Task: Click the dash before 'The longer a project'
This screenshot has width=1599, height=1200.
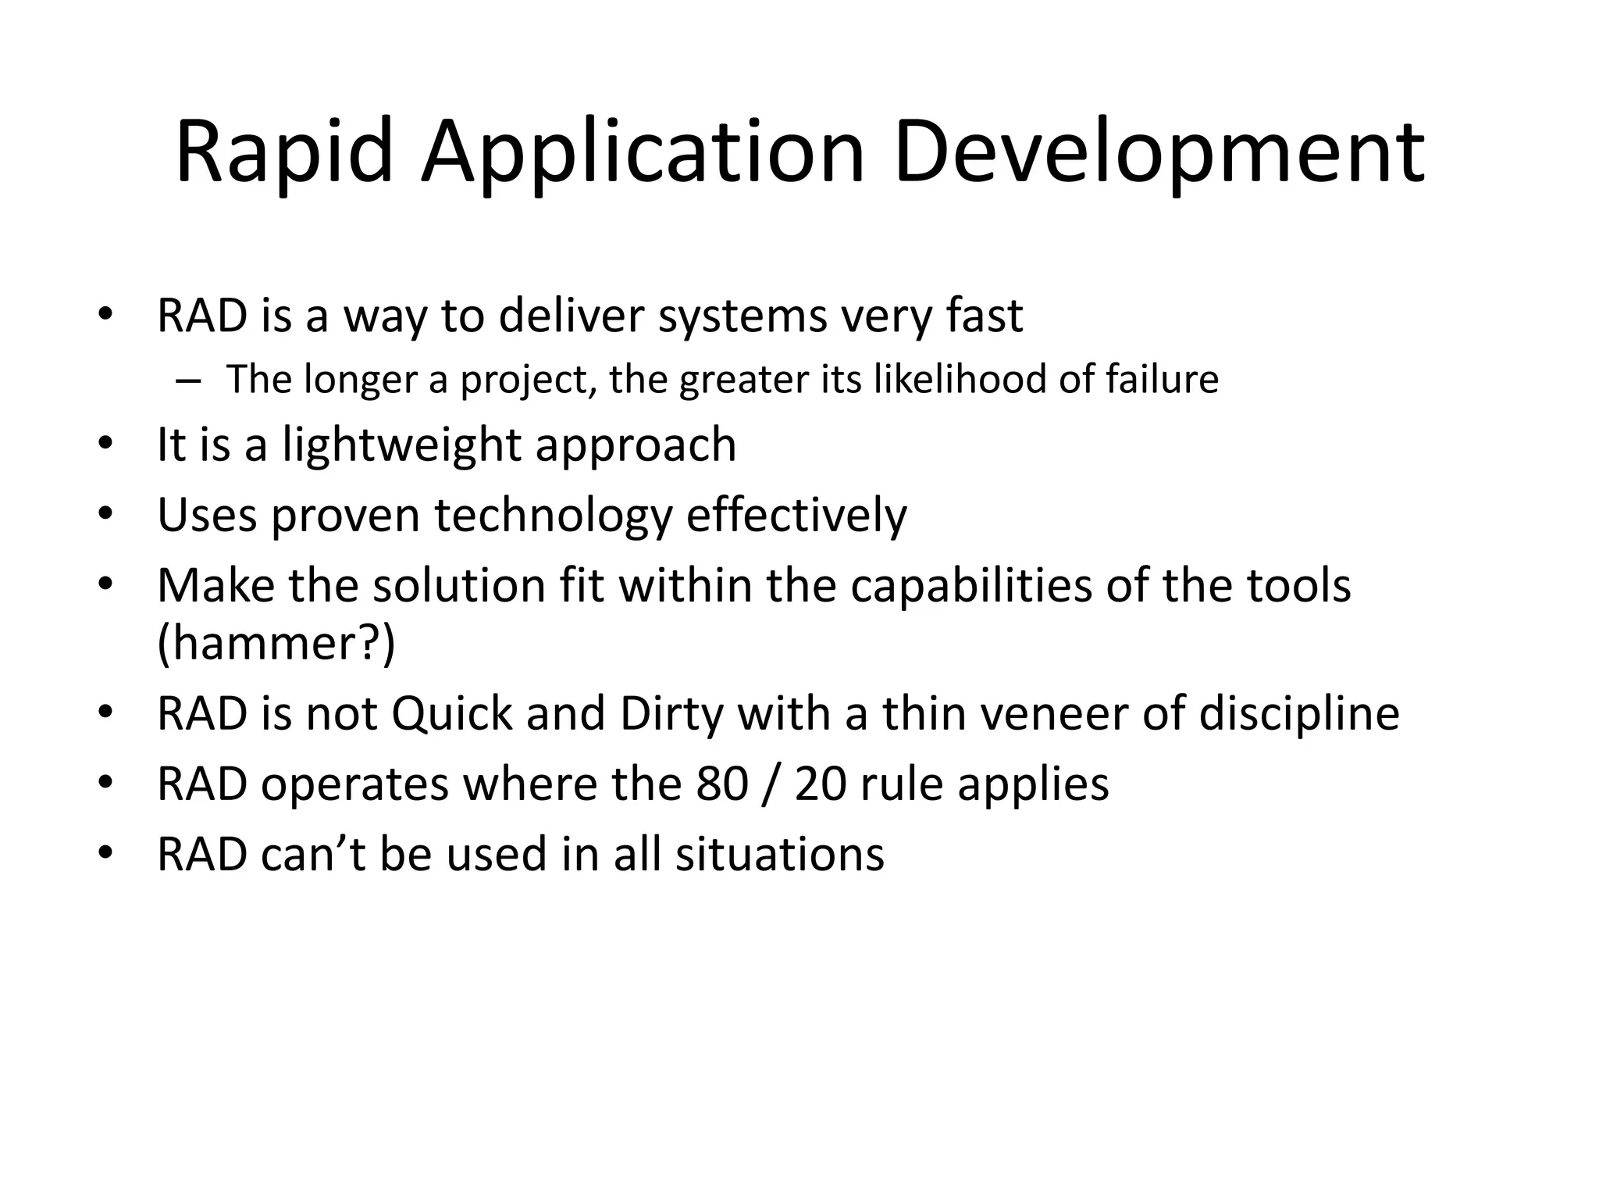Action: [x=188, y=380]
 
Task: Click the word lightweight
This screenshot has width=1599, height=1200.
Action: [x=401, y=445]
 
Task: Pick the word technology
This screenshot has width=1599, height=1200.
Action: [x=553, y=516]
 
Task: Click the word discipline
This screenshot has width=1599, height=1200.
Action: [x=1299, y=714]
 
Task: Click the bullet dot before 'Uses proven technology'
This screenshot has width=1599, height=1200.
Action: [x=105, y=516]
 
